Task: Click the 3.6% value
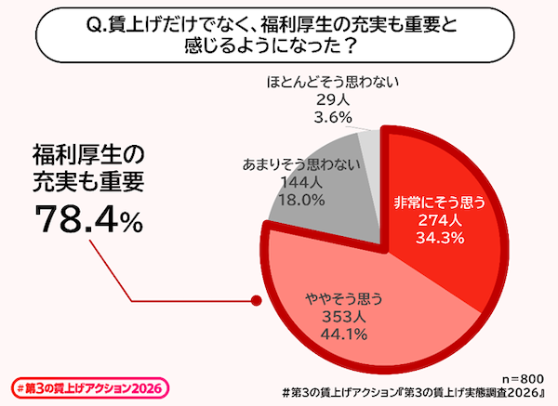point(332,117)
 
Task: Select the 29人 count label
point(332,99)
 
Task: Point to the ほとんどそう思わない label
point(332,82)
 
